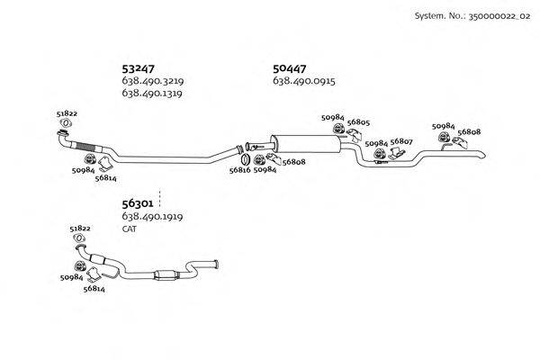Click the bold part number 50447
pyautogui.click(x=290, y=67)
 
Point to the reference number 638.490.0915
pyautogui.click(x=303, y=81)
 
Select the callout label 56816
pyautogui.click(x=239, y=169)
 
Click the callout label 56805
pyautogui.click(x=359, y=122)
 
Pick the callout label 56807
pyautogui.click(x=401, y=142)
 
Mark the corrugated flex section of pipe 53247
pyautogui.click(x=88, y=147)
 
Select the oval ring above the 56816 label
pyautogui.click(x=240, y=150)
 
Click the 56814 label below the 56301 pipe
pyautogui.click(x=94, y=289)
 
